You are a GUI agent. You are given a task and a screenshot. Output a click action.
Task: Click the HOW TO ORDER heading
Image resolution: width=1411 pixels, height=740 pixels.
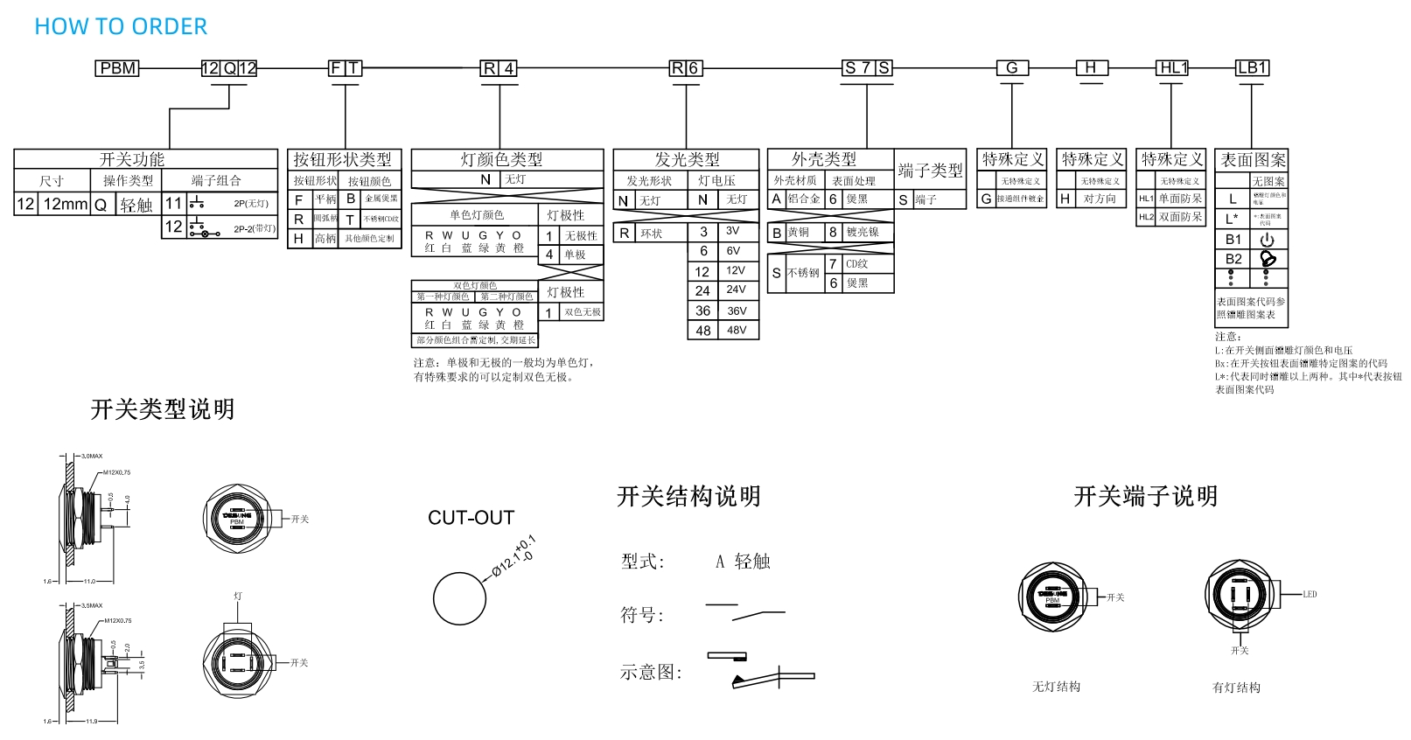coord(121,27)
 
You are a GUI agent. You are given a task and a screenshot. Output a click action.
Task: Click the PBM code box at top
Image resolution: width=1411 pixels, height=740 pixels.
coord(117,68)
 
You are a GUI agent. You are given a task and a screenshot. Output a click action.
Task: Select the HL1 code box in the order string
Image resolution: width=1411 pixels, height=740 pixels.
coord(1172,68)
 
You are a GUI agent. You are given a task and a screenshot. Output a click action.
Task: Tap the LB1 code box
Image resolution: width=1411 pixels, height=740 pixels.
coord(1252,68)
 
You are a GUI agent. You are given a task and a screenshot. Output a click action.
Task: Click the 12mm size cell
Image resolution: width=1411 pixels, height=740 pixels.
coord(66,205)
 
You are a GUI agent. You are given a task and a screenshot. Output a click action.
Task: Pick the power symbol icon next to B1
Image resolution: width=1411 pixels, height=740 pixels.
coord(1268,240)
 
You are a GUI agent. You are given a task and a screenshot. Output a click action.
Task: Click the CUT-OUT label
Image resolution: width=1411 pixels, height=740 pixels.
coord(471,518)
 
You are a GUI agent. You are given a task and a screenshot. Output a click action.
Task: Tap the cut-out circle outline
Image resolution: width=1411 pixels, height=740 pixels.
coord(459,598)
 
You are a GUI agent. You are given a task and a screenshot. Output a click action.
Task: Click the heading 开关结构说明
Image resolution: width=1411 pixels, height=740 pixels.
coord(688,497)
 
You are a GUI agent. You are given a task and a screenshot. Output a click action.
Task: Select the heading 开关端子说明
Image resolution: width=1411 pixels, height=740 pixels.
coord(1145,497)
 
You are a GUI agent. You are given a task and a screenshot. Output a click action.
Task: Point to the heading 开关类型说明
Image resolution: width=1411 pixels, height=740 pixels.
coord(163,409)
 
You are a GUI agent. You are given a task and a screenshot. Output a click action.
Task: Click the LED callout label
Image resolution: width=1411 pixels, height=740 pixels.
coord(1310,595)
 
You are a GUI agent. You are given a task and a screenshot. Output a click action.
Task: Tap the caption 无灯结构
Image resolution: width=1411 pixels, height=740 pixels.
coord(1056,688)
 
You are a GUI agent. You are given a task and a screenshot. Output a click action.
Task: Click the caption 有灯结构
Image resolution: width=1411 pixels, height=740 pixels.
coord(1236,688)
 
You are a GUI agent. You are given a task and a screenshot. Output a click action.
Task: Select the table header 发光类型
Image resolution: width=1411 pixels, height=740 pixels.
coord(687,159)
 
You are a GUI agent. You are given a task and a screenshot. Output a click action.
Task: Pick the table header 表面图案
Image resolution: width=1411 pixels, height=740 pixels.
coord(1253,160)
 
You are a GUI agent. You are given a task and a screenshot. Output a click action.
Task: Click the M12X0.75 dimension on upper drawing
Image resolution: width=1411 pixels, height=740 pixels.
coord(117,472)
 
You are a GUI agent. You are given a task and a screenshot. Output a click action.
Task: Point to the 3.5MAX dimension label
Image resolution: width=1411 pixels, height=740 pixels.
coord(92,605)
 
